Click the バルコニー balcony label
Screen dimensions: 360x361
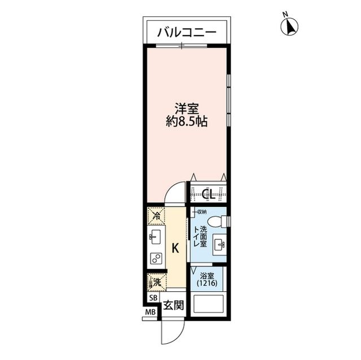[x=186, y=33]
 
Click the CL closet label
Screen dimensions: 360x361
[x=208, y=195]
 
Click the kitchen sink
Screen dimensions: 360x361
[x=155, y=237]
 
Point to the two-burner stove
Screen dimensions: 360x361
[x=156, y=259]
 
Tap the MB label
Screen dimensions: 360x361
[x=151, y=312]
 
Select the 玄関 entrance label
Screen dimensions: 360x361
[x=173, y=305]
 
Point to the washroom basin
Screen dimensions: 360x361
[x=221, y=245]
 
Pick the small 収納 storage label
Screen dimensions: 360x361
[x=200, y=211]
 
